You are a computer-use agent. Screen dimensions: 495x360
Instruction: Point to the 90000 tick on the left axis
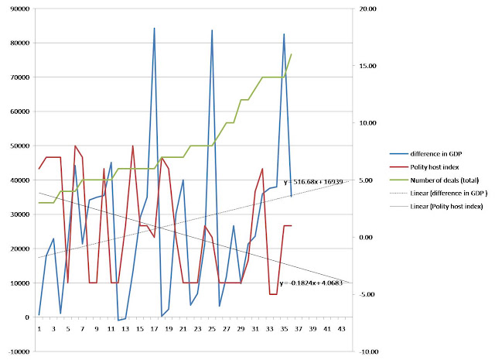point(20,9)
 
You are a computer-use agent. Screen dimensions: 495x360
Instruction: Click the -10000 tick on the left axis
point(19,351)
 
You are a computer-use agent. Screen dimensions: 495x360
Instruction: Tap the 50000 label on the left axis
point(20,146)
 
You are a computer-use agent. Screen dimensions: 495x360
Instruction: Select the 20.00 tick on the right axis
point(368,9)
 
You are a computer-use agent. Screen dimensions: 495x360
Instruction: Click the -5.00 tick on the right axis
point(367,294)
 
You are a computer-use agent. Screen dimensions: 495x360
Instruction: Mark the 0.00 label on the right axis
point(368,238)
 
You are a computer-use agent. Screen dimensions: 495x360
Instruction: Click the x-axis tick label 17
point(154,329)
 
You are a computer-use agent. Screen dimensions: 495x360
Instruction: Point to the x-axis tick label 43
point(342,329)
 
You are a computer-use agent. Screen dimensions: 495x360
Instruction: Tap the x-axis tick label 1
point(39,329)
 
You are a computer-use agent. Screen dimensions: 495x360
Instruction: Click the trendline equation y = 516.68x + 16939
point(313,182)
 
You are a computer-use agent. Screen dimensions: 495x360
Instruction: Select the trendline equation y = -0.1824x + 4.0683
point(311,283)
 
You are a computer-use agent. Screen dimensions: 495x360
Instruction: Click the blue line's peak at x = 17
point(155,28)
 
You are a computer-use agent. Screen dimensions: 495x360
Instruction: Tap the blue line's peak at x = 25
point(212,30)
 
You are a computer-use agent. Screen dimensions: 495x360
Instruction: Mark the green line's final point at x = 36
point(291,54)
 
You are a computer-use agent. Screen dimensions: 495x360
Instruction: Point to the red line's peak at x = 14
point(133,146)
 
